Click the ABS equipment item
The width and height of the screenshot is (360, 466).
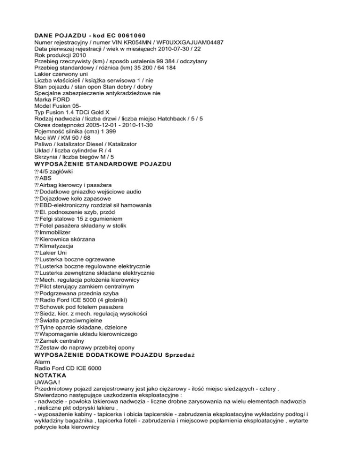pyautogui.click(x=46, y=179)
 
